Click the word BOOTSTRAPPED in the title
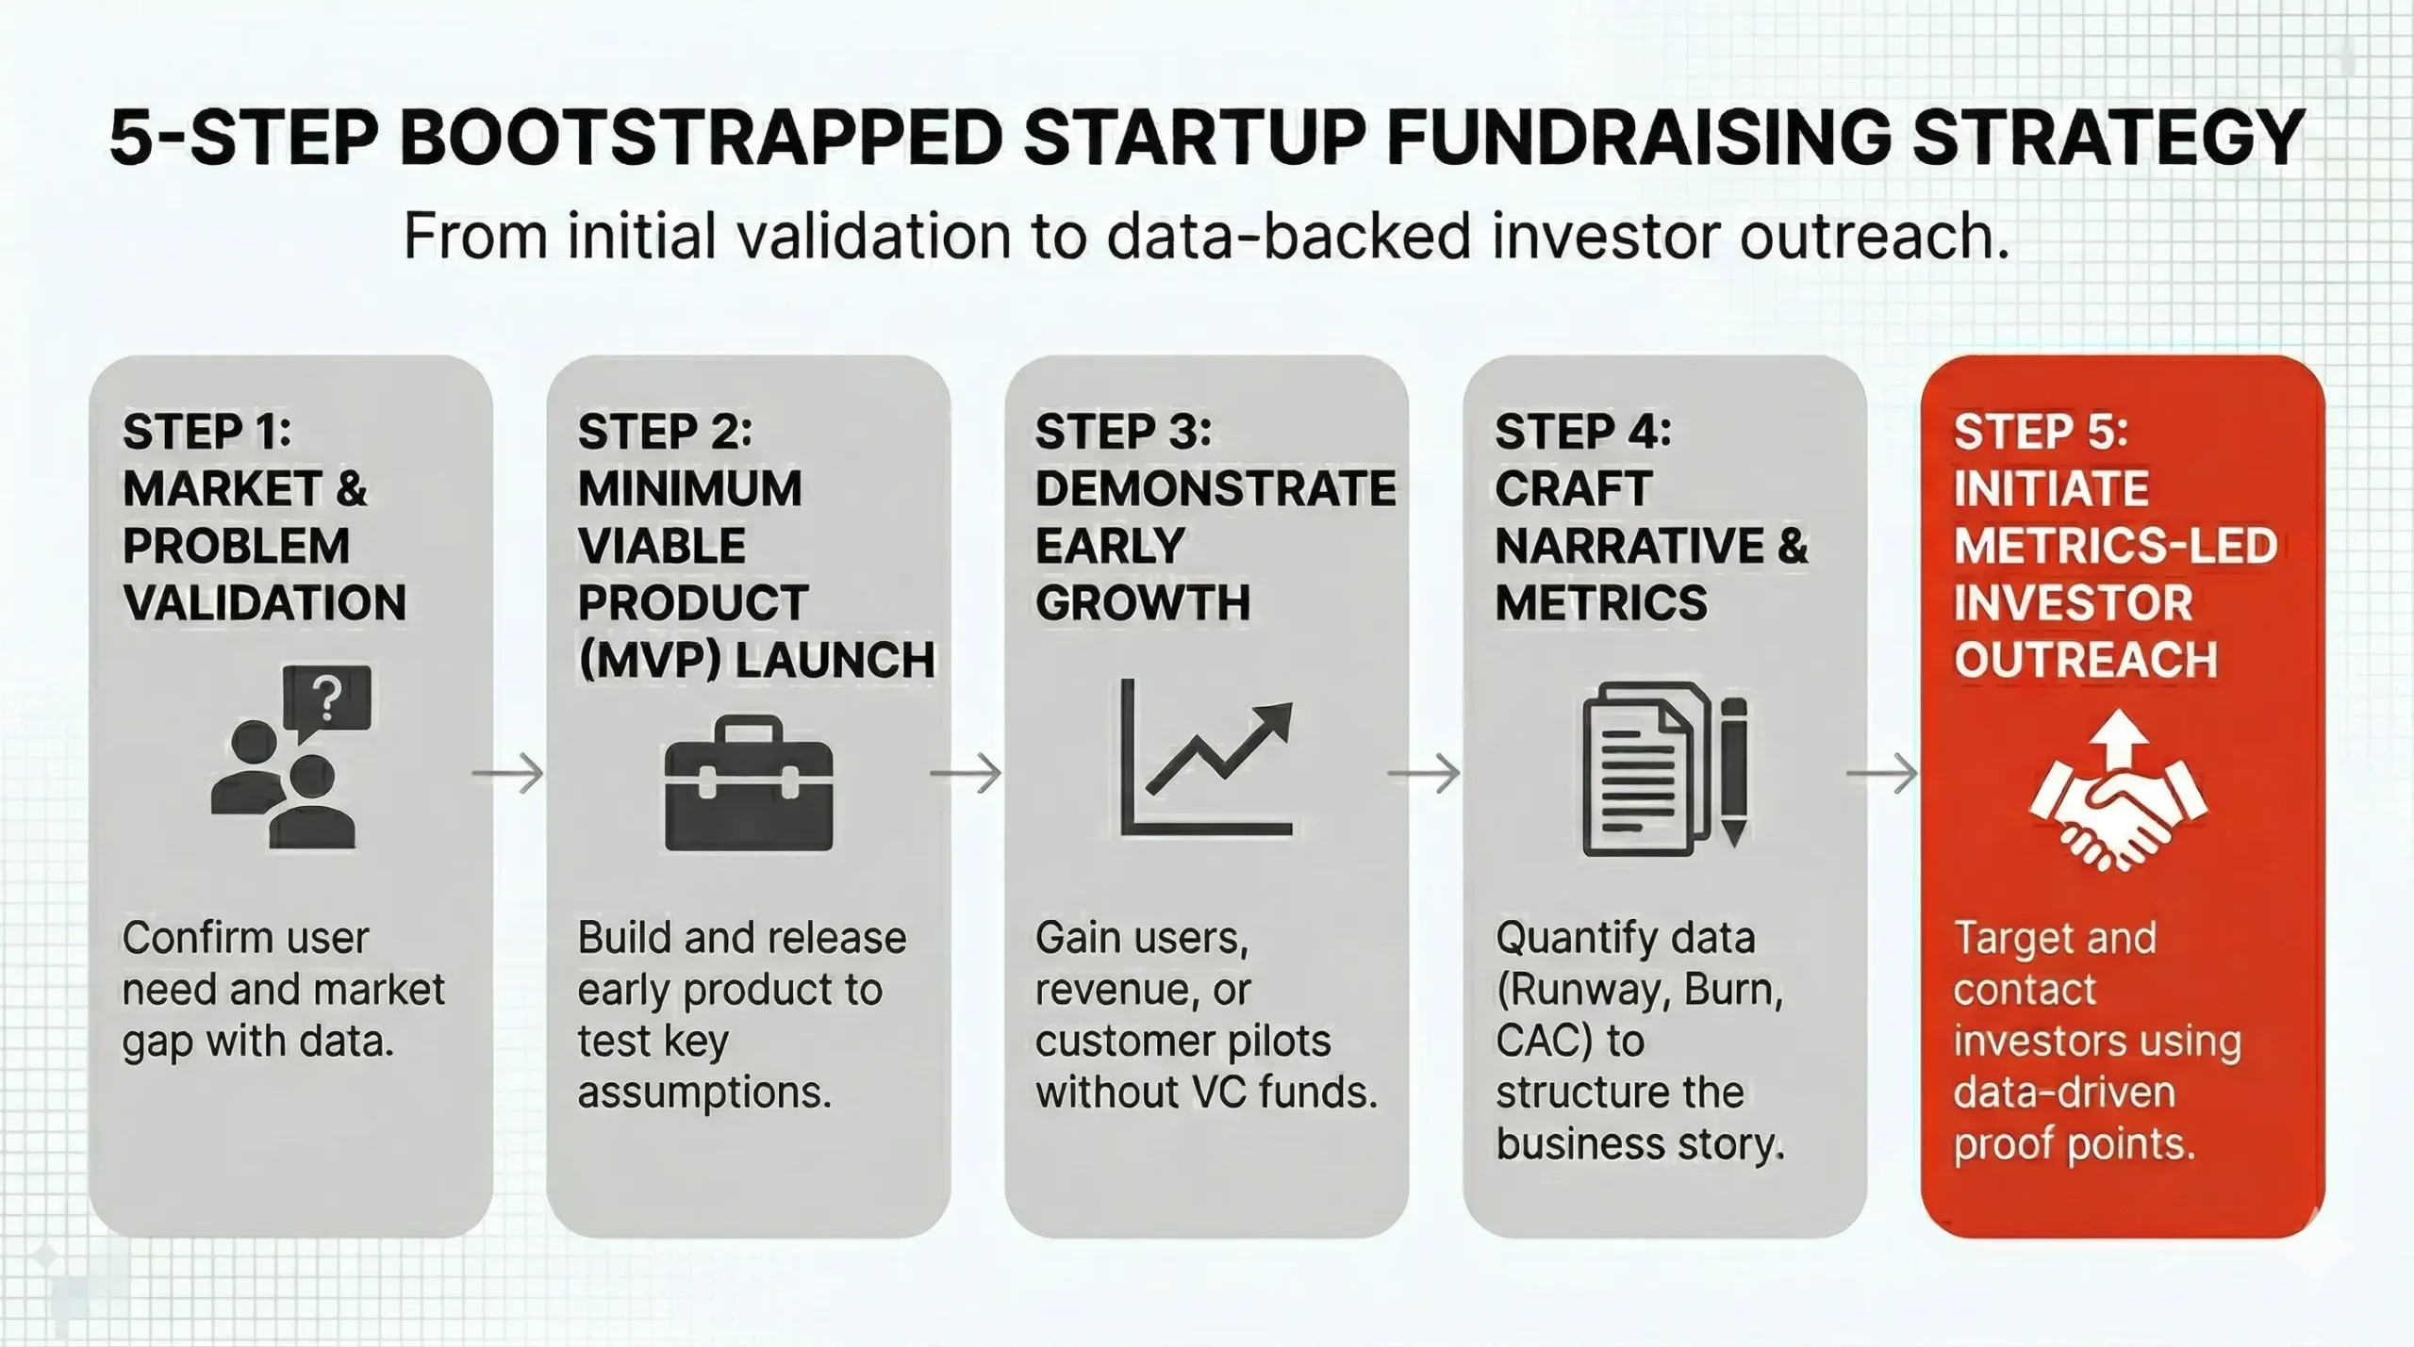coord(702,139)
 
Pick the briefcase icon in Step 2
coord(749,784)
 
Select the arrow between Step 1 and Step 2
coord(508,774)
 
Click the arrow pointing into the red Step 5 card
coord(1882,774)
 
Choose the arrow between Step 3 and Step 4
coord(1424,774)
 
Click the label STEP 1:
coord(207,432)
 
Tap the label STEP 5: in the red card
coord(2041,432)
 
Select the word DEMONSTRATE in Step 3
coord(1215,488)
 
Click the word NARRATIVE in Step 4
coord(1629,546)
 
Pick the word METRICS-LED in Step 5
coord(2115,546)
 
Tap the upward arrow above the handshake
coord(2118,738)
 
